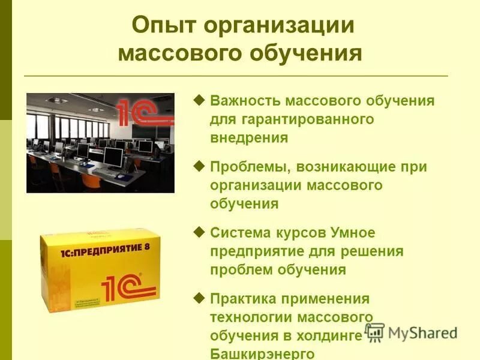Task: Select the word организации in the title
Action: (x=279, y=26)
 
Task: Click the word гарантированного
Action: (x=292, y=119)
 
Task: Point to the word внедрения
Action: (x=249, y=137)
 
